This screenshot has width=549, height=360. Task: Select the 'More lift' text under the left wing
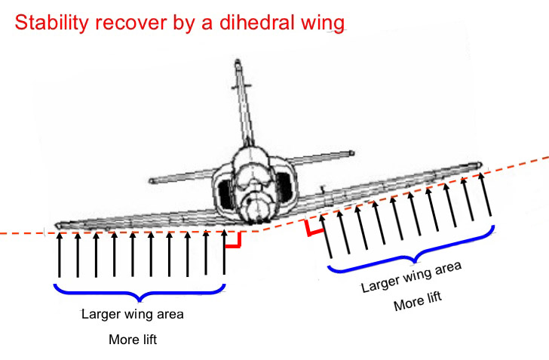click(x=134, y=340)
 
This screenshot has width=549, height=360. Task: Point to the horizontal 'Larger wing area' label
click(x=133, y=313)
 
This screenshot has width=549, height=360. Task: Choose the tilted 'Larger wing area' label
click(x=411, y=277)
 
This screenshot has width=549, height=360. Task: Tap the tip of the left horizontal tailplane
click(x=152, y=182)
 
